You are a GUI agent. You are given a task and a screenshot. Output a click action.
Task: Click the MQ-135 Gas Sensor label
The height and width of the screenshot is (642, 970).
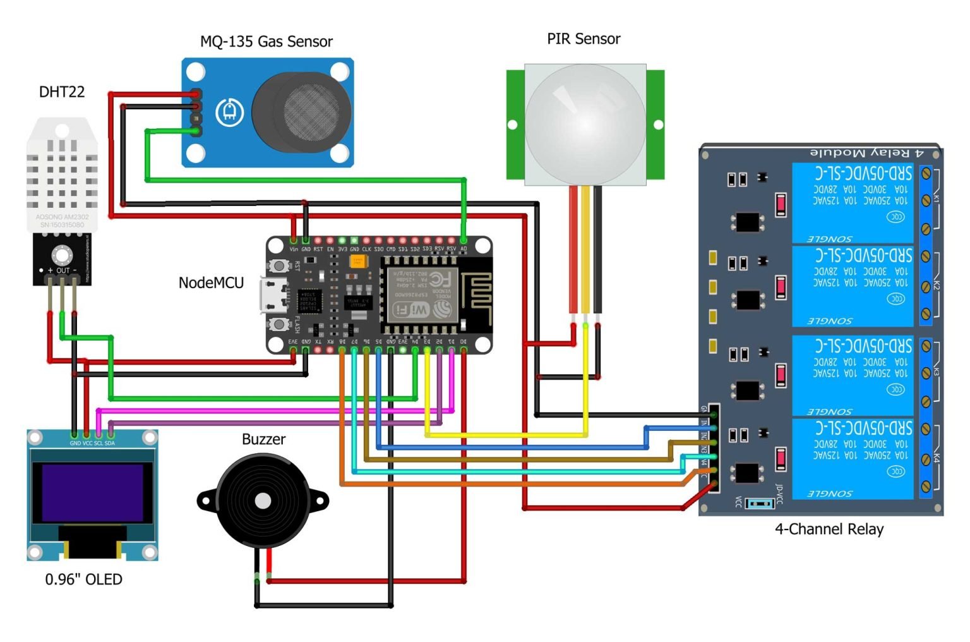266,42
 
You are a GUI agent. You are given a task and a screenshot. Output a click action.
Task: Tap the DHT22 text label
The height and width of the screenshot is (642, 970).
62,92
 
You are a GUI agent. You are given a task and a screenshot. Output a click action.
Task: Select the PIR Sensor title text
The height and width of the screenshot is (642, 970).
584,39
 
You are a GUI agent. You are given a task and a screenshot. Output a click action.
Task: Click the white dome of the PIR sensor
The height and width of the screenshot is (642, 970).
585,123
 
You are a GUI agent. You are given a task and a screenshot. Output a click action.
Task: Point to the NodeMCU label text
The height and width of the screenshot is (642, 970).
211,283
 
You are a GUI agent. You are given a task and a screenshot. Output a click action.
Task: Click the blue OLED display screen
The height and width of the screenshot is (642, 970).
92,493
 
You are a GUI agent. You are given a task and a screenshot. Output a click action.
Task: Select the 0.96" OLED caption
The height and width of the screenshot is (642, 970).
83,579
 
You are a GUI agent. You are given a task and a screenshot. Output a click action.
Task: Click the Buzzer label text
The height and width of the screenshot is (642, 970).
263,440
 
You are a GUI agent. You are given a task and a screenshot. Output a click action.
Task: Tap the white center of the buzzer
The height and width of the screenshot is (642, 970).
263,501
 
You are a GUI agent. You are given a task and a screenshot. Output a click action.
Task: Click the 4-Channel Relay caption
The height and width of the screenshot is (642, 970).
829,530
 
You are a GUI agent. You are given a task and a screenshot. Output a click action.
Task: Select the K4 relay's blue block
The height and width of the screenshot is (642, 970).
853,458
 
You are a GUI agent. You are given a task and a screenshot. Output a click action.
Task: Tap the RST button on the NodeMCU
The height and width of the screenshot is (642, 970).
278,265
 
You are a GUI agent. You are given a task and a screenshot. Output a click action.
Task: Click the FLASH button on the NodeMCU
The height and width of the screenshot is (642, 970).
278,324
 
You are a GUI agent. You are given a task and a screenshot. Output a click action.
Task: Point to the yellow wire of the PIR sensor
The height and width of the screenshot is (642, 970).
585,253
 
